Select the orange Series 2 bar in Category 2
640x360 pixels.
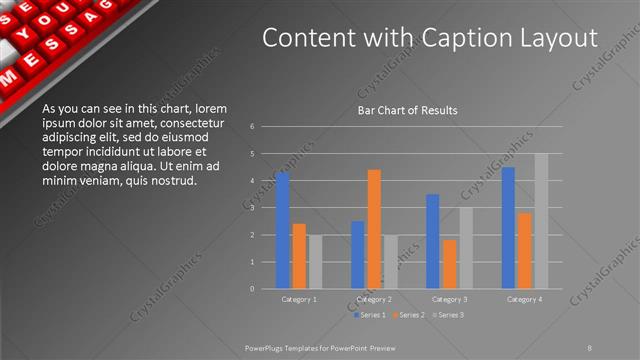tap(374, 229)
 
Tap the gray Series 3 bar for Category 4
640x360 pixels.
tap(541, 221)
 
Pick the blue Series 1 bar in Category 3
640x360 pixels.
tap(432, 241)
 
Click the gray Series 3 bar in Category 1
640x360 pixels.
tap(316, 262)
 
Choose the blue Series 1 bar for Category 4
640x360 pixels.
tap(508, 228)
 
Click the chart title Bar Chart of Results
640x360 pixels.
tap(407, 110)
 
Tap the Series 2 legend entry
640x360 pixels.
tap(408, 315)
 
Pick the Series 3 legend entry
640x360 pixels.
tap(446, 315)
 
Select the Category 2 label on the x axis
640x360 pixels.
tap(374, 299)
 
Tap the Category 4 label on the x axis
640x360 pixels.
tap(524, 299)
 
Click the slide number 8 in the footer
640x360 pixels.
tap(590, 347)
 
